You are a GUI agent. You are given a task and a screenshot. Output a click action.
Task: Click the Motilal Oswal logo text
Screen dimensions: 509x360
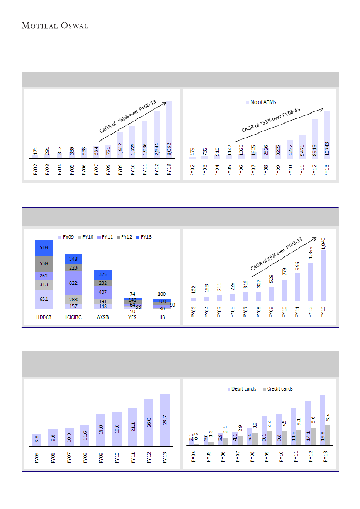55,26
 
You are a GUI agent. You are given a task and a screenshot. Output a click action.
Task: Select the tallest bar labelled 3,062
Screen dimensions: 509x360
169,131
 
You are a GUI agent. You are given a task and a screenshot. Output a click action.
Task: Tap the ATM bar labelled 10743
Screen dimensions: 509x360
327,135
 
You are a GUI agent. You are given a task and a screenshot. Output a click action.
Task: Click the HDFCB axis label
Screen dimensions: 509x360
44,317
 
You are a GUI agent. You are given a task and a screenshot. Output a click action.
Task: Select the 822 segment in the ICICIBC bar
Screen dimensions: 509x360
73,283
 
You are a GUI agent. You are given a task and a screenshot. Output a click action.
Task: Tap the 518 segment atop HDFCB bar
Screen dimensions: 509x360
44,248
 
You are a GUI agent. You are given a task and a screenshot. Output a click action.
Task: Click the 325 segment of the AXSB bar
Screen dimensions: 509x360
103,275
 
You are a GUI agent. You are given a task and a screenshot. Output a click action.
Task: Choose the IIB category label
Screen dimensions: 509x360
162,317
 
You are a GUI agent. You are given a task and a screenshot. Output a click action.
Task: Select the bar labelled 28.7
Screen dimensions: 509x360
165,420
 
